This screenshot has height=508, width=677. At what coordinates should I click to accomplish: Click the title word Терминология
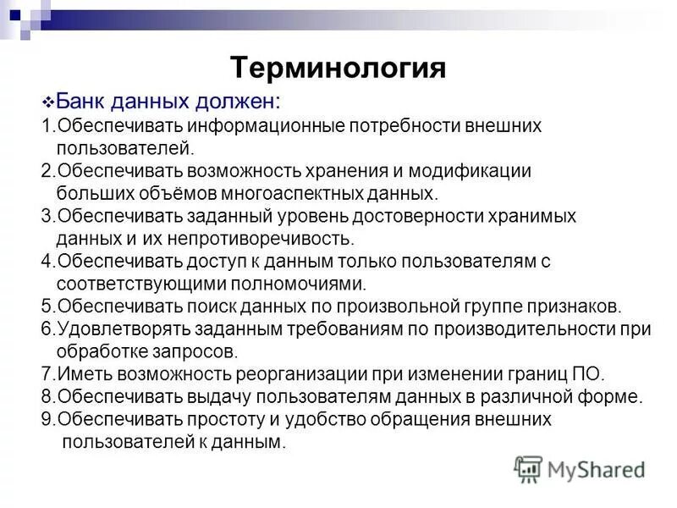coord(338,67)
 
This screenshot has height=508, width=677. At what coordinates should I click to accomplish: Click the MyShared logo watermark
coord(581,468)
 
